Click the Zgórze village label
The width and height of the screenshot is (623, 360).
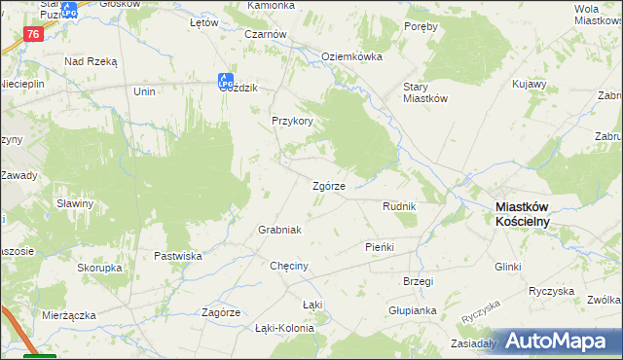click(x=327, y=187)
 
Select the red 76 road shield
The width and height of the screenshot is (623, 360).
click(x=33, y=34)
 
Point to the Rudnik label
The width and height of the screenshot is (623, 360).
click(x=399, y=207)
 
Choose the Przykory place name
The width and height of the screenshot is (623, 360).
click(x=292, y=122)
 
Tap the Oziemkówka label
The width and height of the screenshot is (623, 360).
click(x=351, y=56)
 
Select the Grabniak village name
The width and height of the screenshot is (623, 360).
click(x=279, y=230)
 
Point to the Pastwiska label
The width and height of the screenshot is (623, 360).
click(x=177, y=256)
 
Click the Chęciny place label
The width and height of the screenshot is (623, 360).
click(x=289, y=266)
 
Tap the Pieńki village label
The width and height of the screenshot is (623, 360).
click(x=379, y=247)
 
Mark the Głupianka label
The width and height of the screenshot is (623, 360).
click(x=411, y=310)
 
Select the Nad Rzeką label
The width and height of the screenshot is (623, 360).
click(x=91, y=61)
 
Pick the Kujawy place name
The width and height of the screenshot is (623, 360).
click(x=529, y=86)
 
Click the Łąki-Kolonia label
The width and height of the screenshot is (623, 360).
click(x=284, y=328)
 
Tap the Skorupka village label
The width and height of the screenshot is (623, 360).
click(x=99, y=267)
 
